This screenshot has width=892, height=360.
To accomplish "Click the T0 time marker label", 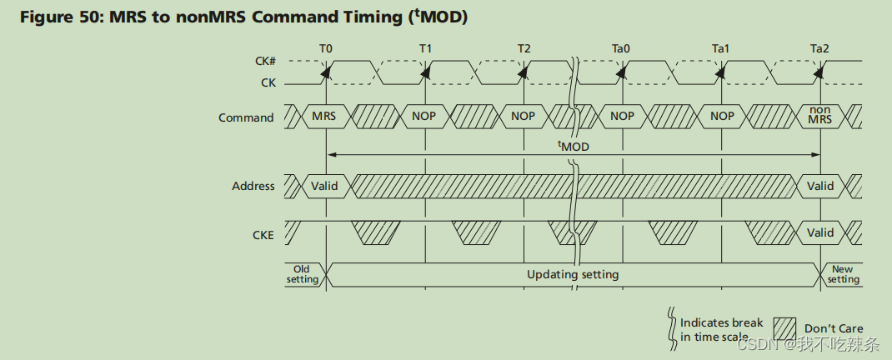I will coord(325,49).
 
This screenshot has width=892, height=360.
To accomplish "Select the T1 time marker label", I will coord(425,49).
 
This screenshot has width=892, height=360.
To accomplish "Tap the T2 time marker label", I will coord(524,49).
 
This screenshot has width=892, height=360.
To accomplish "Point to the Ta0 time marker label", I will coord(621,49).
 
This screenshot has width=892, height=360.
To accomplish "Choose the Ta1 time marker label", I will coord(721,49).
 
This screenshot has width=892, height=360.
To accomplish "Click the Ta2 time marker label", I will coord(819,49).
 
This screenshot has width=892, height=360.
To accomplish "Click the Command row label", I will coord(246,117).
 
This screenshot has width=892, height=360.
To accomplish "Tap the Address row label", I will coord(253,186).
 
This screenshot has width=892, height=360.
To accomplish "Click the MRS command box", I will coord(323,117).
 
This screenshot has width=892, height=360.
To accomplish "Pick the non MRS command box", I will coord(820,116).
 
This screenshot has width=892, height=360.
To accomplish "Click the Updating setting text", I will coord(573,274).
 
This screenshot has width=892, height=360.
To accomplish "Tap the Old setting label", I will coord(302,274).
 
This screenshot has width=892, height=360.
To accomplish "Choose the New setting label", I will coord(843,274).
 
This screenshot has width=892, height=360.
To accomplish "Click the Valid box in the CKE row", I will coord(820,232).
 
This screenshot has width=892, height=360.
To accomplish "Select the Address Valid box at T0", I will coord(324,186).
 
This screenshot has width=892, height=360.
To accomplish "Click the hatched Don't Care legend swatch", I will coord(785,327).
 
